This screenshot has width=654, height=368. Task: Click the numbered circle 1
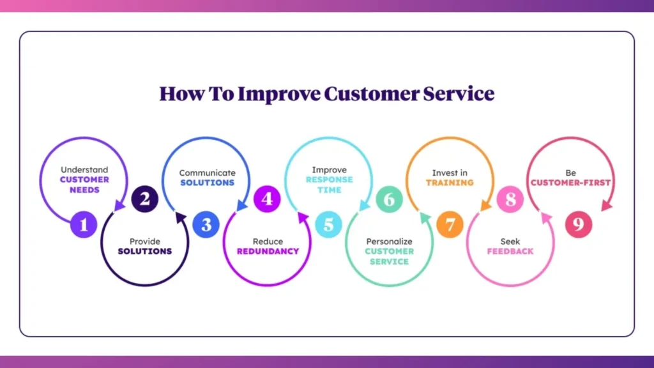[x=84, y=225]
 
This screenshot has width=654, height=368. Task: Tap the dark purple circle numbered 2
[x=145, y=199]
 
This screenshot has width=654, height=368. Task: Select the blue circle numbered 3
[x=206, y=225]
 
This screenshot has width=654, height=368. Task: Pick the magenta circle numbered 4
[x=267, y=199]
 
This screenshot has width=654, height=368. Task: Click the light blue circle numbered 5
[x=328, y=225]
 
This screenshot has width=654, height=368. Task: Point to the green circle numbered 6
[x=389, y=199]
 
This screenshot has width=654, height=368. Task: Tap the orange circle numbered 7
[x=450, y=225]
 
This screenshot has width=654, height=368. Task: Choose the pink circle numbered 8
[x=511, y=199]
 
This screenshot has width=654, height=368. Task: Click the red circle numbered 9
[x=579, y=225]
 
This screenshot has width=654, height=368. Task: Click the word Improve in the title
[x=279, y=94]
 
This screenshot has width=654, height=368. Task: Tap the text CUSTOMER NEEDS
[x=84, y=185]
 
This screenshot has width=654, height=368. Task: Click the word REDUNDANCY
[x=268, y=251]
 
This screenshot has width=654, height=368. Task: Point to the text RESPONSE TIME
[x=329, y=185]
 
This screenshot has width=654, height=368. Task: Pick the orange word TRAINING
[x=450, y=182]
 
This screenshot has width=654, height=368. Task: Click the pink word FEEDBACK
[x=510, y=251]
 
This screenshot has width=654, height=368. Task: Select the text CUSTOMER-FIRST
[x=570, y=182]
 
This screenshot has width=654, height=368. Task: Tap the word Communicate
[x=207, y=172]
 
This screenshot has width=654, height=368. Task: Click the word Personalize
[x=389, y=241]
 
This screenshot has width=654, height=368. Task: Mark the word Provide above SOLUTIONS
[x=145, y=241]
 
